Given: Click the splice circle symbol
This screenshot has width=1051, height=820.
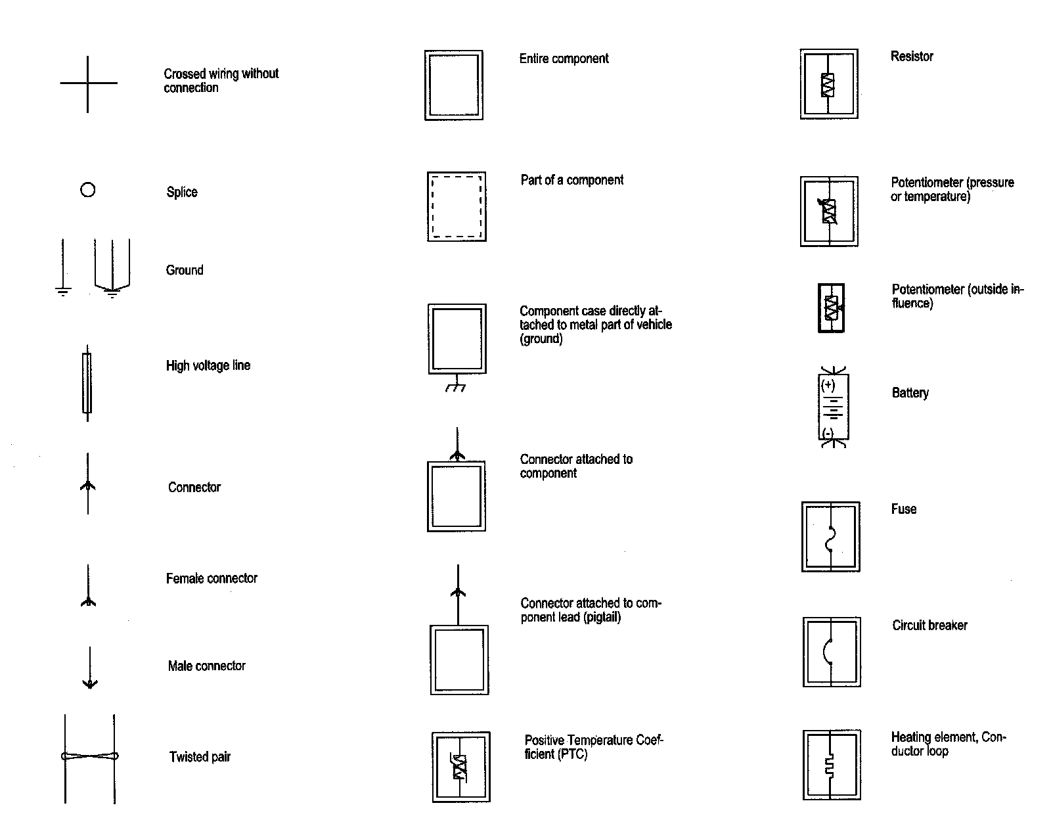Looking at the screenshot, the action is click(x=87, y=190).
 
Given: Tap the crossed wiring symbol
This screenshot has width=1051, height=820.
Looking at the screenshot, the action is click(x=88, y=83).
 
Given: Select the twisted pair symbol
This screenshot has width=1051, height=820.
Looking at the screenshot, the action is click(x=90, y=757).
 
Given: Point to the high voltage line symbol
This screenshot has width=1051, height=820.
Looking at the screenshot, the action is click(x=87, y=383).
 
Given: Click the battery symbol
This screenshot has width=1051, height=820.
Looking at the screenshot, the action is click(x=834, y=407).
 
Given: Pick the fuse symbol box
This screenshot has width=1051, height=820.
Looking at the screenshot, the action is click(x=831, y=537).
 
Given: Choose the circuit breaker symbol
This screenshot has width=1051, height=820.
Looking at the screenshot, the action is click(x=832, y=652).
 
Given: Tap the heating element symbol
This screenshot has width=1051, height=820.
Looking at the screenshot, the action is click(x=832, y=765).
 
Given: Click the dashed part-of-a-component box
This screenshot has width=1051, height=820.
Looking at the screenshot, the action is click(x=457, y=206).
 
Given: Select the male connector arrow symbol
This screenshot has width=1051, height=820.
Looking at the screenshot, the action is click(x=90, y=668).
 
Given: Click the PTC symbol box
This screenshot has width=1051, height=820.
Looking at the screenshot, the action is click(x=460, y=766).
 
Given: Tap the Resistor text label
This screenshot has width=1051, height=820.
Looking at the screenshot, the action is click(x=912, y=57).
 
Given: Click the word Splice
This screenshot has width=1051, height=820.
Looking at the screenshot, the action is click(x=182, y=192).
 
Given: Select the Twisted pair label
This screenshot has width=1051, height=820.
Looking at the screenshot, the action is click(x=200, y=757).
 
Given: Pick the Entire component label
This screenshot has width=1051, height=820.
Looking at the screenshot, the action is click(x=564, y=58).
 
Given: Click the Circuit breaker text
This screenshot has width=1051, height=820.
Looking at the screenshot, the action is click(x=929, y=626).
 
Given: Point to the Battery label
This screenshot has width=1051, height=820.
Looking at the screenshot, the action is click(x=910, y=393).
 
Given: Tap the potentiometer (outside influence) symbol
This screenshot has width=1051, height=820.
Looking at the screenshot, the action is click(x=831, y=307).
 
